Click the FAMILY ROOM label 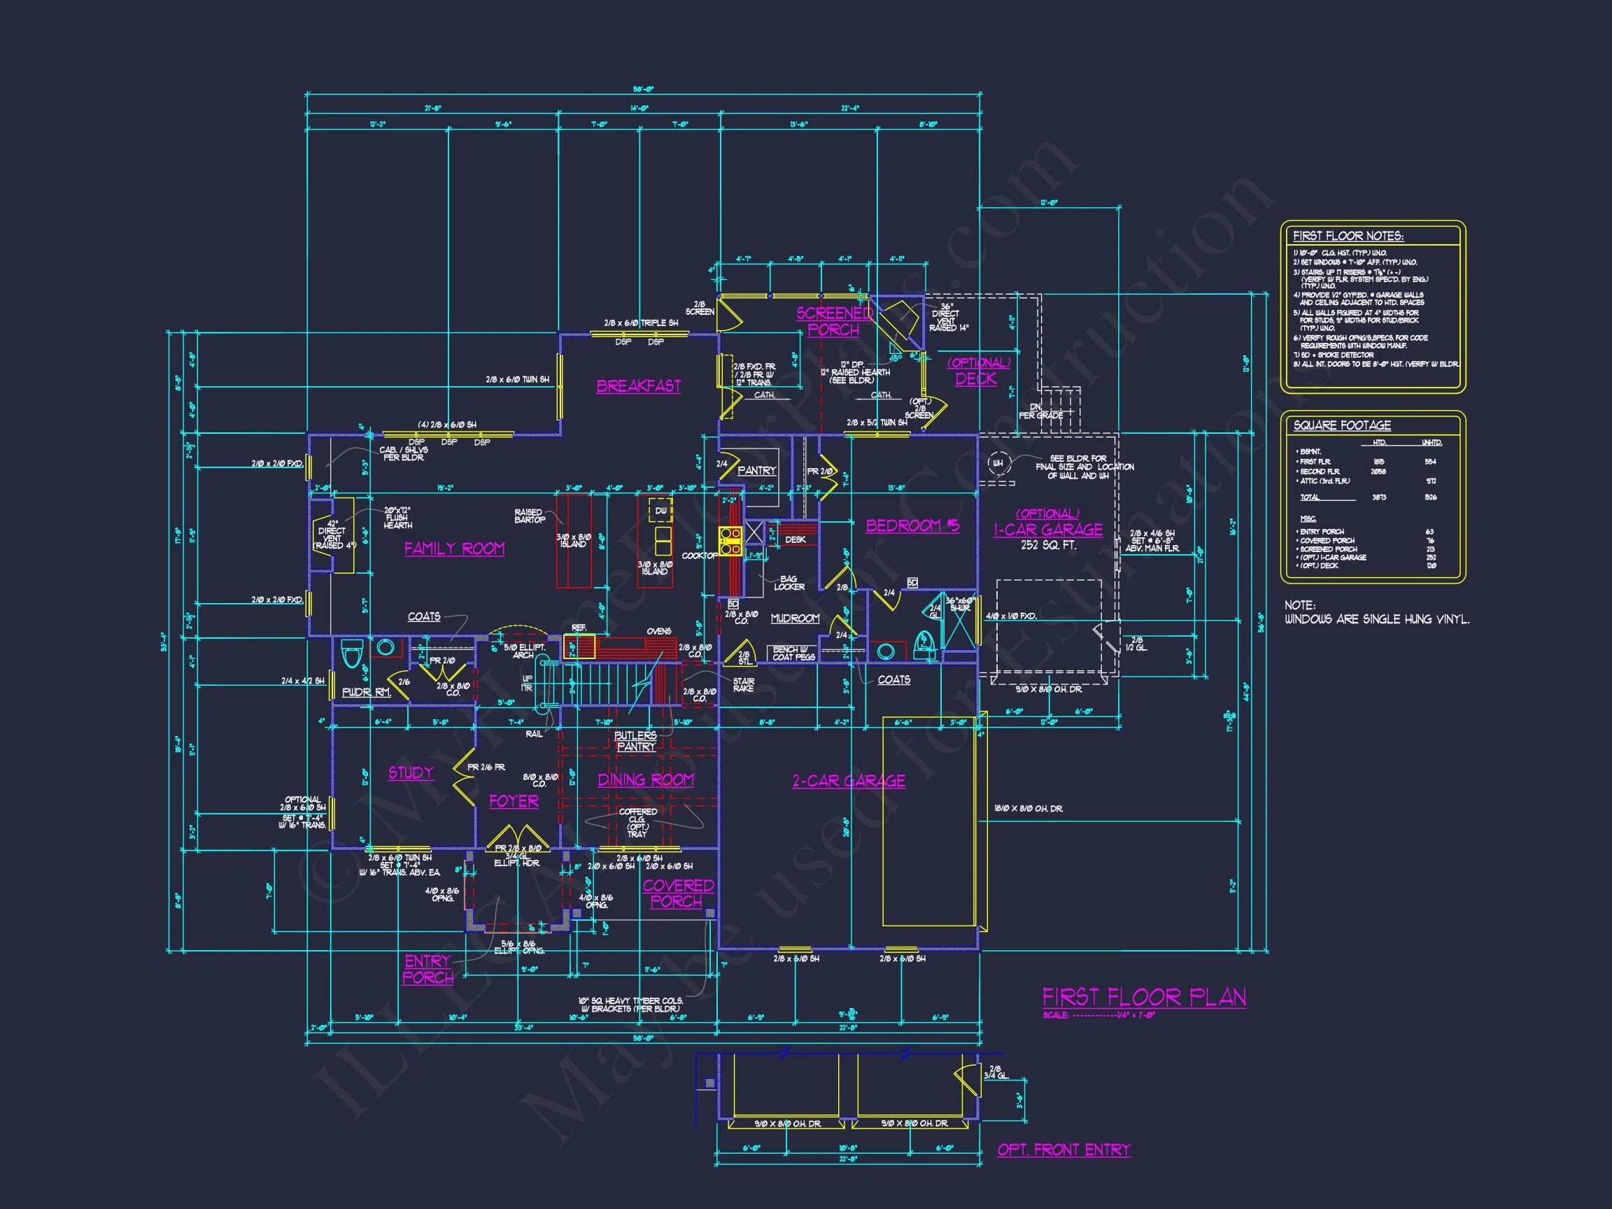[454, 549]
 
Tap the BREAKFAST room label [638, 386]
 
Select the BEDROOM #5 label [912, 525]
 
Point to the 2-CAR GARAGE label [849, 782]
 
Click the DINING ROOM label [646, 780]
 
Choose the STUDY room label [410, 772]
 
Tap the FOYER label [514, 801]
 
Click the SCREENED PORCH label [834, 321]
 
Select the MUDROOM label [795, 618]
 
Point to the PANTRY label [756, 471]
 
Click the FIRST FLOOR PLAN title [1144, 996]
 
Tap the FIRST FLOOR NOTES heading [1348, 236]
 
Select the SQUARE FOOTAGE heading [1342, 425]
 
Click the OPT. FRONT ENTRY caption [1064, 1150]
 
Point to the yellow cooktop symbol [730, 542]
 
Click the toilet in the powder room [352, 653]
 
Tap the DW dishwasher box [661, 511]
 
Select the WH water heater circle [998, 462]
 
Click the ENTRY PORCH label [427, 969]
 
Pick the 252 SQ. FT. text [1048, 545]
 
